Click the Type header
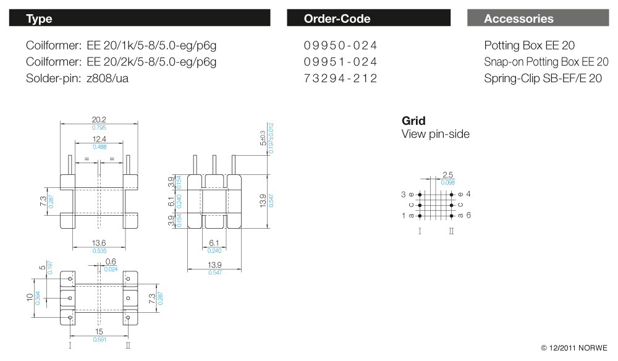[x=39, y=19]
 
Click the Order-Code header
[x=337, y=19]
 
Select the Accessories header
[x=519, y=19]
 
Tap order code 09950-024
[x=341, y=46]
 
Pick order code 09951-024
[x=341, y=62]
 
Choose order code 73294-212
[x=341, y=79]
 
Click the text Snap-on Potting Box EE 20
[x=546, y=62]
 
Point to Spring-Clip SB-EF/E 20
[x=543, y=79]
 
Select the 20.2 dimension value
[x=99, y=120]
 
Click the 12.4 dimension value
[x=99, y=140]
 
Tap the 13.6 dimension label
[x=99, y=244]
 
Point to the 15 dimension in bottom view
[x=99, y=332]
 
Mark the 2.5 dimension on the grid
[x=448, y=176]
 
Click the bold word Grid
[x=413, y=121]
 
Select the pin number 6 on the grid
[x=468, y=215]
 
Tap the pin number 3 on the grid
[x=404, y=194]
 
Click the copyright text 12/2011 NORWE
[x=574, y=348]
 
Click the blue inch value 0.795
[x=99, y=127]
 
